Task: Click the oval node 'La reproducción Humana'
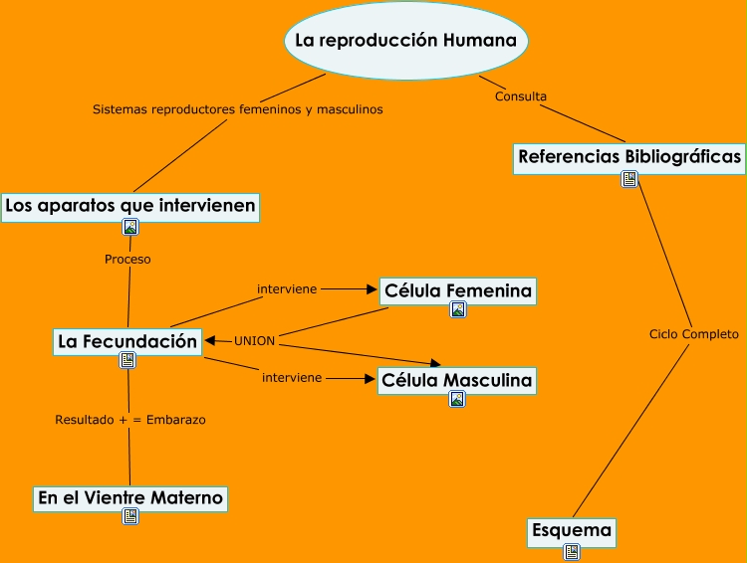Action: (x=406, y=41)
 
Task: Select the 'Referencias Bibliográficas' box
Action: (x=629, y=157)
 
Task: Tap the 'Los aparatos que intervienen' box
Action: (x=130, y=206)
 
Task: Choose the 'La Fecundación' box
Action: (x=127, y=341)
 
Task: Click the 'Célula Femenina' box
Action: (x=458, y=290)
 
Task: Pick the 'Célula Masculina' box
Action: (x=457, y=380)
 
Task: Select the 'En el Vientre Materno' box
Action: (x=130, y=497)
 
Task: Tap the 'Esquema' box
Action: (x=571, y=531)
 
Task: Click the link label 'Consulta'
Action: (x=520, y=96)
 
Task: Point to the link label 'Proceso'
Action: (x=127, y=260)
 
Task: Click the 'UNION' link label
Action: (x=254, y=341)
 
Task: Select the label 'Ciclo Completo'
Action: (x=693, y=334)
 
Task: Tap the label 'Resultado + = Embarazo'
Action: (x=130, y=420)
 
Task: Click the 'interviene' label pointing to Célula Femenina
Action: (x=287, y=289)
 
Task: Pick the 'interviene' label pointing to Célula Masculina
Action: (x=292, y=378)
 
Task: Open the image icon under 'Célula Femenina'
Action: (x=458, y=309)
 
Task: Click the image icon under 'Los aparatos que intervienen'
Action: (x=130, y=227)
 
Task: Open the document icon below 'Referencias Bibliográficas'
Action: (x=629, y=179)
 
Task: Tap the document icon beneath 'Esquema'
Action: (x=571, y=551)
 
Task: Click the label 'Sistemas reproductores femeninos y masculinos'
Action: (x=238, y=109)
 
